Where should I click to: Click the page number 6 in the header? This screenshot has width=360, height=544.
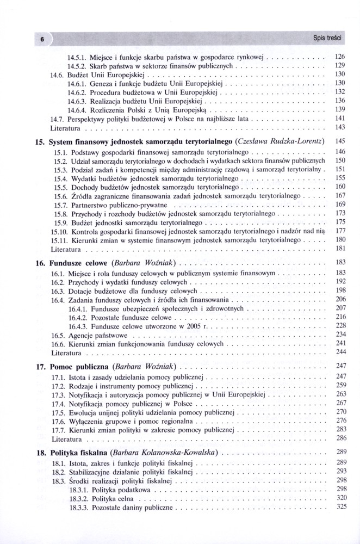pos(41,39)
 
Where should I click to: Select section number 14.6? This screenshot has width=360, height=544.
pos(58,73)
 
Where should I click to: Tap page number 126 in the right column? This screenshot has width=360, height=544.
pos(340,56)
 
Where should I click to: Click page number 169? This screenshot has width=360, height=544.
pos(340,205)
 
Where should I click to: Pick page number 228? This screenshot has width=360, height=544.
pos(340,325)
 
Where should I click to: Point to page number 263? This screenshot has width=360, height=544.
pos(340,394)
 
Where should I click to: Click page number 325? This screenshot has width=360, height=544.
pos(340,507)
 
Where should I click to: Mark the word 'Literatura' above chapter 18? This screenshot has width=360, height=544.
pos(66,438)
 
